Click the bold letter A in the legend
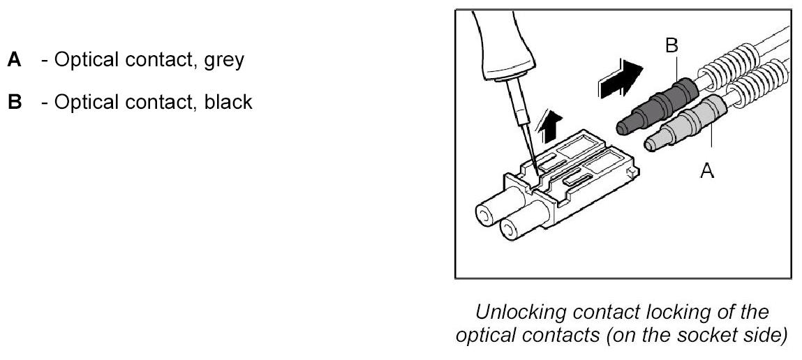point(13,61)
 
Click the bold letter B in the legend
point(13,103)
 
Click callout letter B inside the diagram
point(671,47)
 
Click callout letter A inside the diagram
point(707,170)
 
